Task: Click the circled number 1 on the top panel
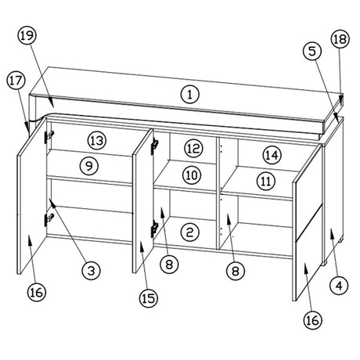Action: point(190,94)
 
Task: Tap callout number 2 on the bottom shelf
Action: point(190,232)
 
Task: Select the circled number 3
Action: point(91,271)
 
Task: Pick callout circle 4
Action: point(339,286)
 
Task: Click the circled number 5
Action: point(312,52)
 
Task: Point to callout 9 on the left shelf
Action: point(89,165)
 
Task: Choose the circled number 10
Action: point(192,175)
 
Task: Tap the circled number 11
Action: point(266,181)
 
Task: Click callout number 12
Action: point(193,149)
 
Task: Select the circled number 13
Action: point(97,141)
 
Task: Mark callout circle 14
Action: point(272,155)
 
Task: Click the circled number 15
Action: point(149,298)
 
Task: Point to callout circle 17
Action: point(16,81)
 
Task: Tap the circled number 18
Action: point(340,39)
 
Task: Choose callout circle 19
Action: point(27,35)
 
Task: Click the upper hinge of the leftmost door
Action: point(49,136)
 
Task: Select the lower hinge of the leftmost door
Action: point(49,218)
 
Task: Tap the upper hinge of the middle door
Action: point(154,146)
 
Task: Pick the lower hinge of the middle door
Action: point(154,229)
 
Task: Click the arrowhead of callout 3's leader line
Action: point(52,203)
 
